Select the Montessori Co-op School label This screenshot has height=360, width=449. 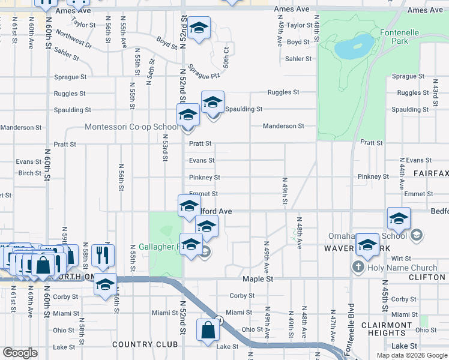131,127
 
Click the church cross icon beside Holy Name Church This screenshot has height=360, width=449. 359,267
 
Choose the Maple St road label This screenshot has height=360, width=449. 258,279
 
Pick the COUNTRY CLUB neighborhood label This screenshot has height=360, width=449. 145,344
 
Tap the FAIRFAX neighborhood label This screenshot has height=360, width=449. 430,173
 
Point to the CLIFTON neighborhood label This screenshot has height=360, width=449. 426,277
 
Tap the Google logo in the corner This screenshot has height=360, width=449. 20,353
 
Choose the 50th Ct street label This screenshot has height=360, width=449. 225,59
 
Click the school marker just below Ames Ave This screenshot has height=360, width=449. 199,28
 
